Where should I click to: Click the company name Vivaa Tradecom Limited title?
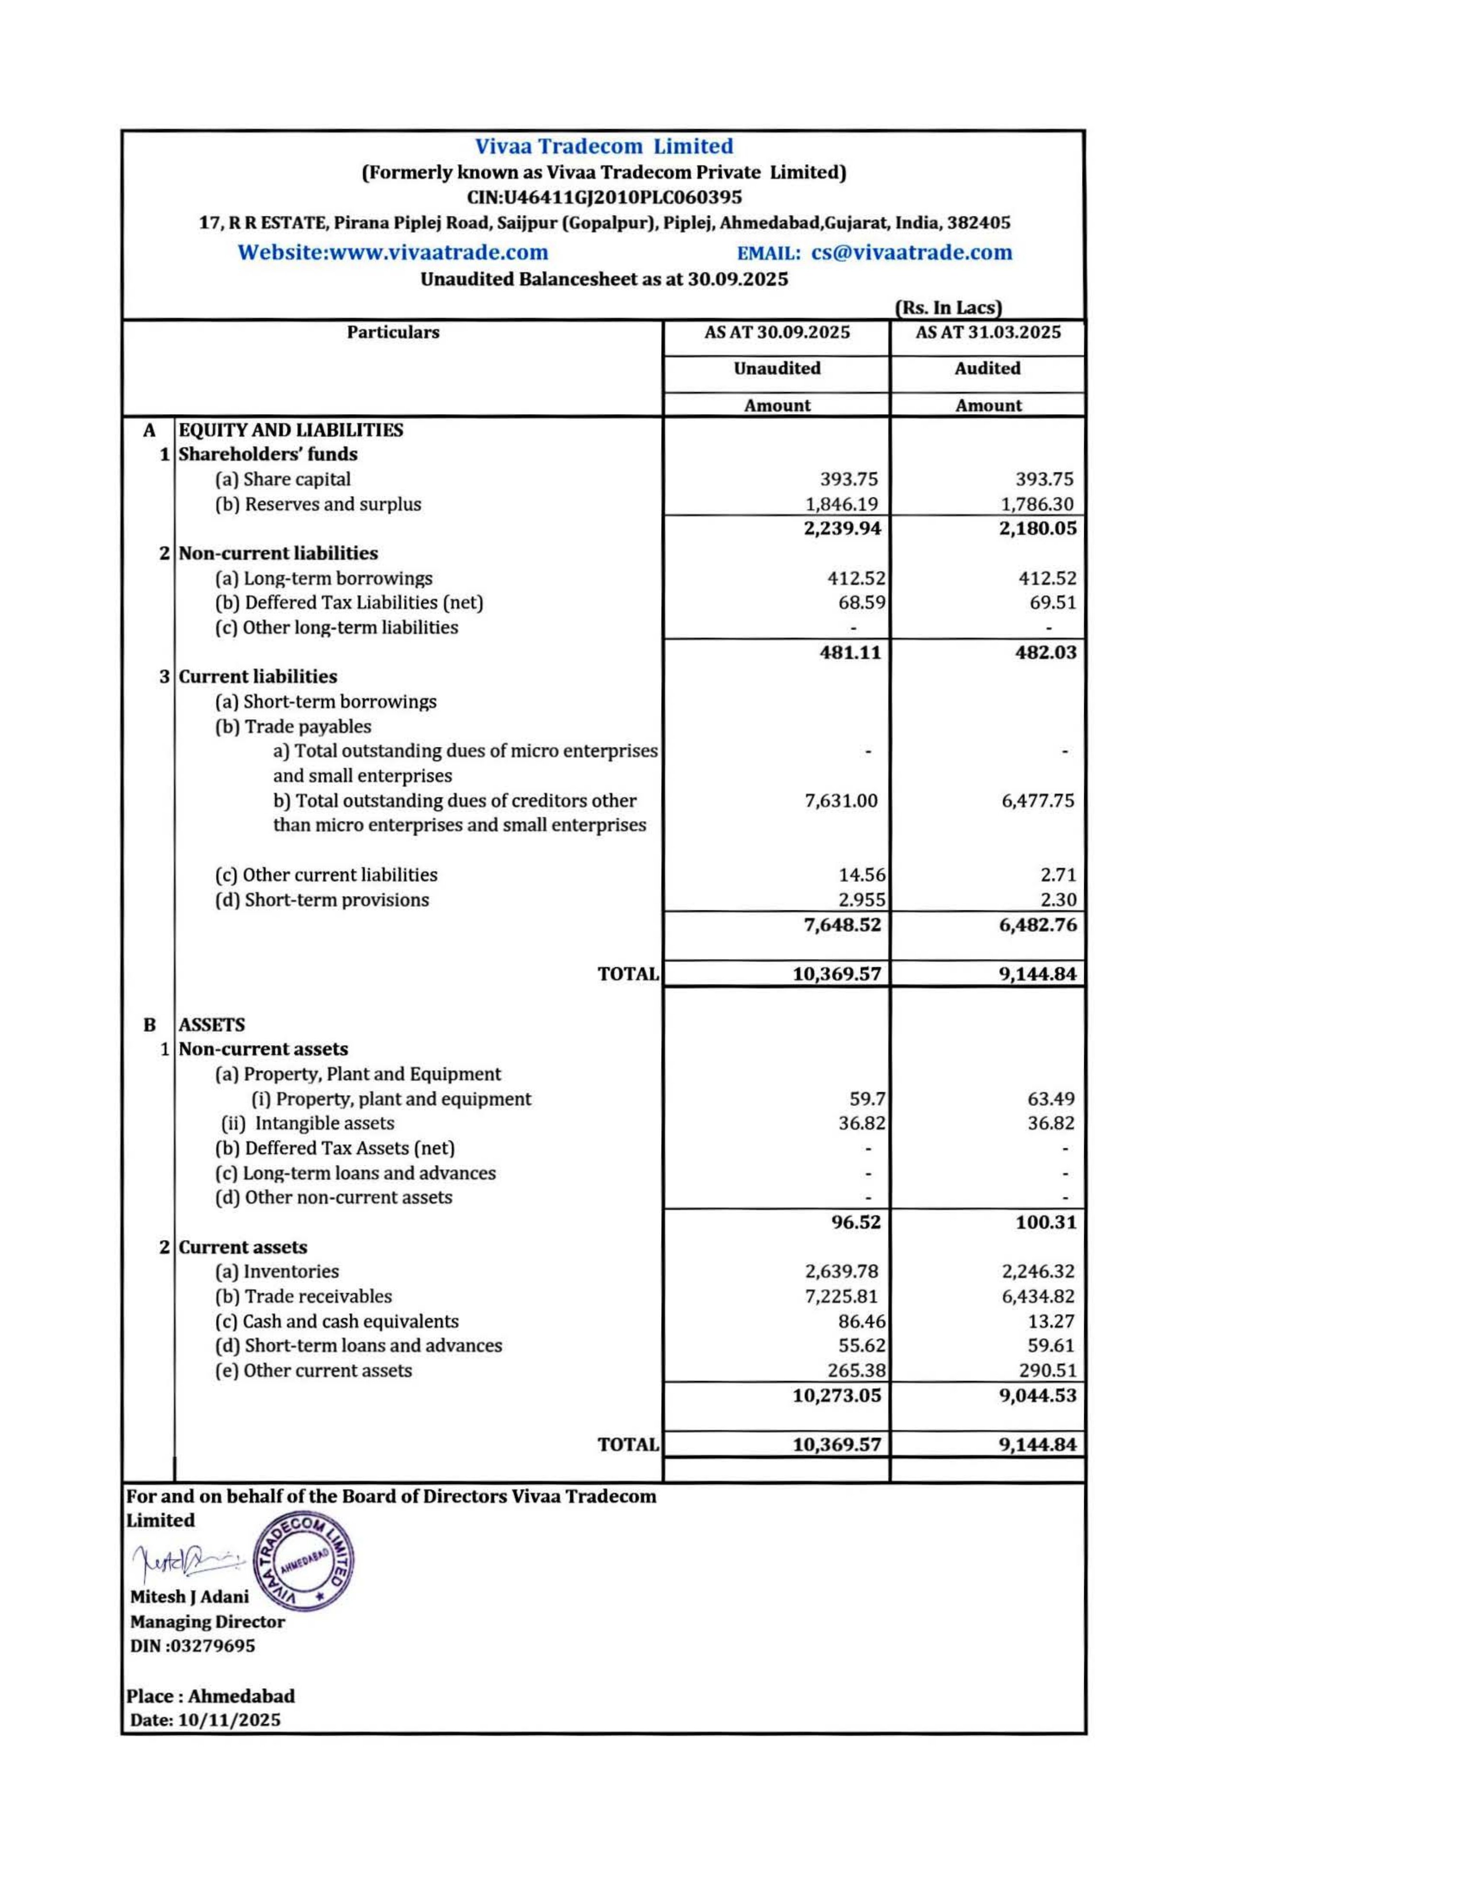604,146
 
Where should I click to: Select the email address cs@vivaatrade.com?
911,253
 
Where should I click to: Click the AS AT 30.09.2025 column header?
777,332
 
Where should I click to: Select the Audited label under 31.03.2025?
987,368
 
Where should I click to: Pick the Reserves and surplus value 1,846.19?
842,504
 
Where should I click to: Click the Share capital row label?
283,479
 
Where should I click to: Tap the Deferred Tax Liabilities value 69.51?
1053,602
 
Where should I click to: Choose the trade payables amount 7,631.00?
841,801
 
